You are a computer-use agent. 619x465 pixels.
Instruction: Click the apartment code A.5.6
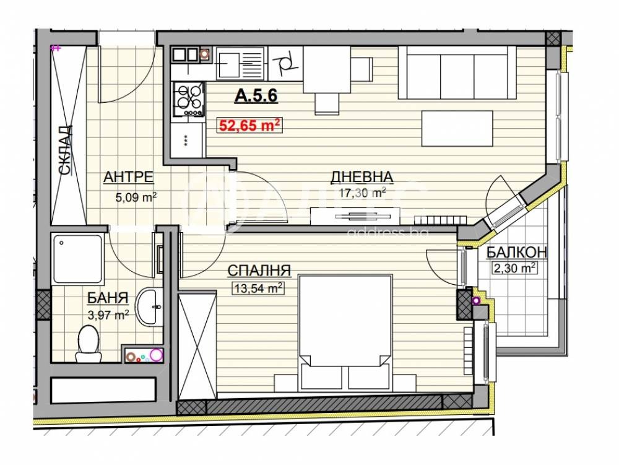[x=256, y=95]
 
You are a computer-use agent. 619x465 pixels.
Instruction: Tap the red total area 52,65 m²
[x=250, y=126]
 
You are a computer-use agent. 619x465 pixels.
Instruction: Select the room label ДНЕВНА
[x=361, y=177]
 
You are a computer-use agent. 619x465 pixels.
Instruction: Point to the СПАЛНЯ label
[x=259, y=271]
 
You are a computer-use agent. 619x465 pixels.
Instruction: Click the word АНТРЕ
[x=128, y=177]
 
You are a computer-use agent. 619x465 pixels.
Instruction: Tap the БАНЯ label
[x=108, y=298]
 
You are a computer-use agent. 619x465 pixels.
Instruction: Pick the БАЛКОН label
[x=516, y=252]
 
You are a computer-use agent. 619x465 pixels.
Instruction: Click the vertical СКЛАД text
[x=65, y=150]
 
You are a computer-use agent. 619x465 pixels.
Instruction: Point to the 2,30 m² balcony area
[x=514, y=269]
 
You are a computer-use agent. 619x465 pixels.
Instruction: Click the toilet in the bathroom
[x=89, y=344]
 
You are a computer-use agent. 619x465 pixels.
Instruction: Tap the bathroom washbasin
[x=149, y=307]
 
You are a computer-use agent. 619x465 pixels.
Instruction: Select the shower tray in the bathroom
[x=78, y=259]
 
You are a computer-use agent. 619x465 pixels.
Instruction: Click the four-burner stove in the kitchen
[x=189, y=100]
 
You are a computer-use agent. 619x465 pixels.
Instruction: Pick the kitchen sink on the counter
[x=240, y=63]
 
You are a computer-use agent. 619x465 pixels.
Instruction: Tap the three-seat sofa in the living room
[x=457, y=72]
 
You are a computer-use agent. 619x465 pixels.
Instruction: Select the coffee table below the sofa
[x=457, y=128]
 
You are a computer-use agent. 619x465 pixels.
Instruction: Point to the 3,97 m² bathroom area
[x=108, y=315]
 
